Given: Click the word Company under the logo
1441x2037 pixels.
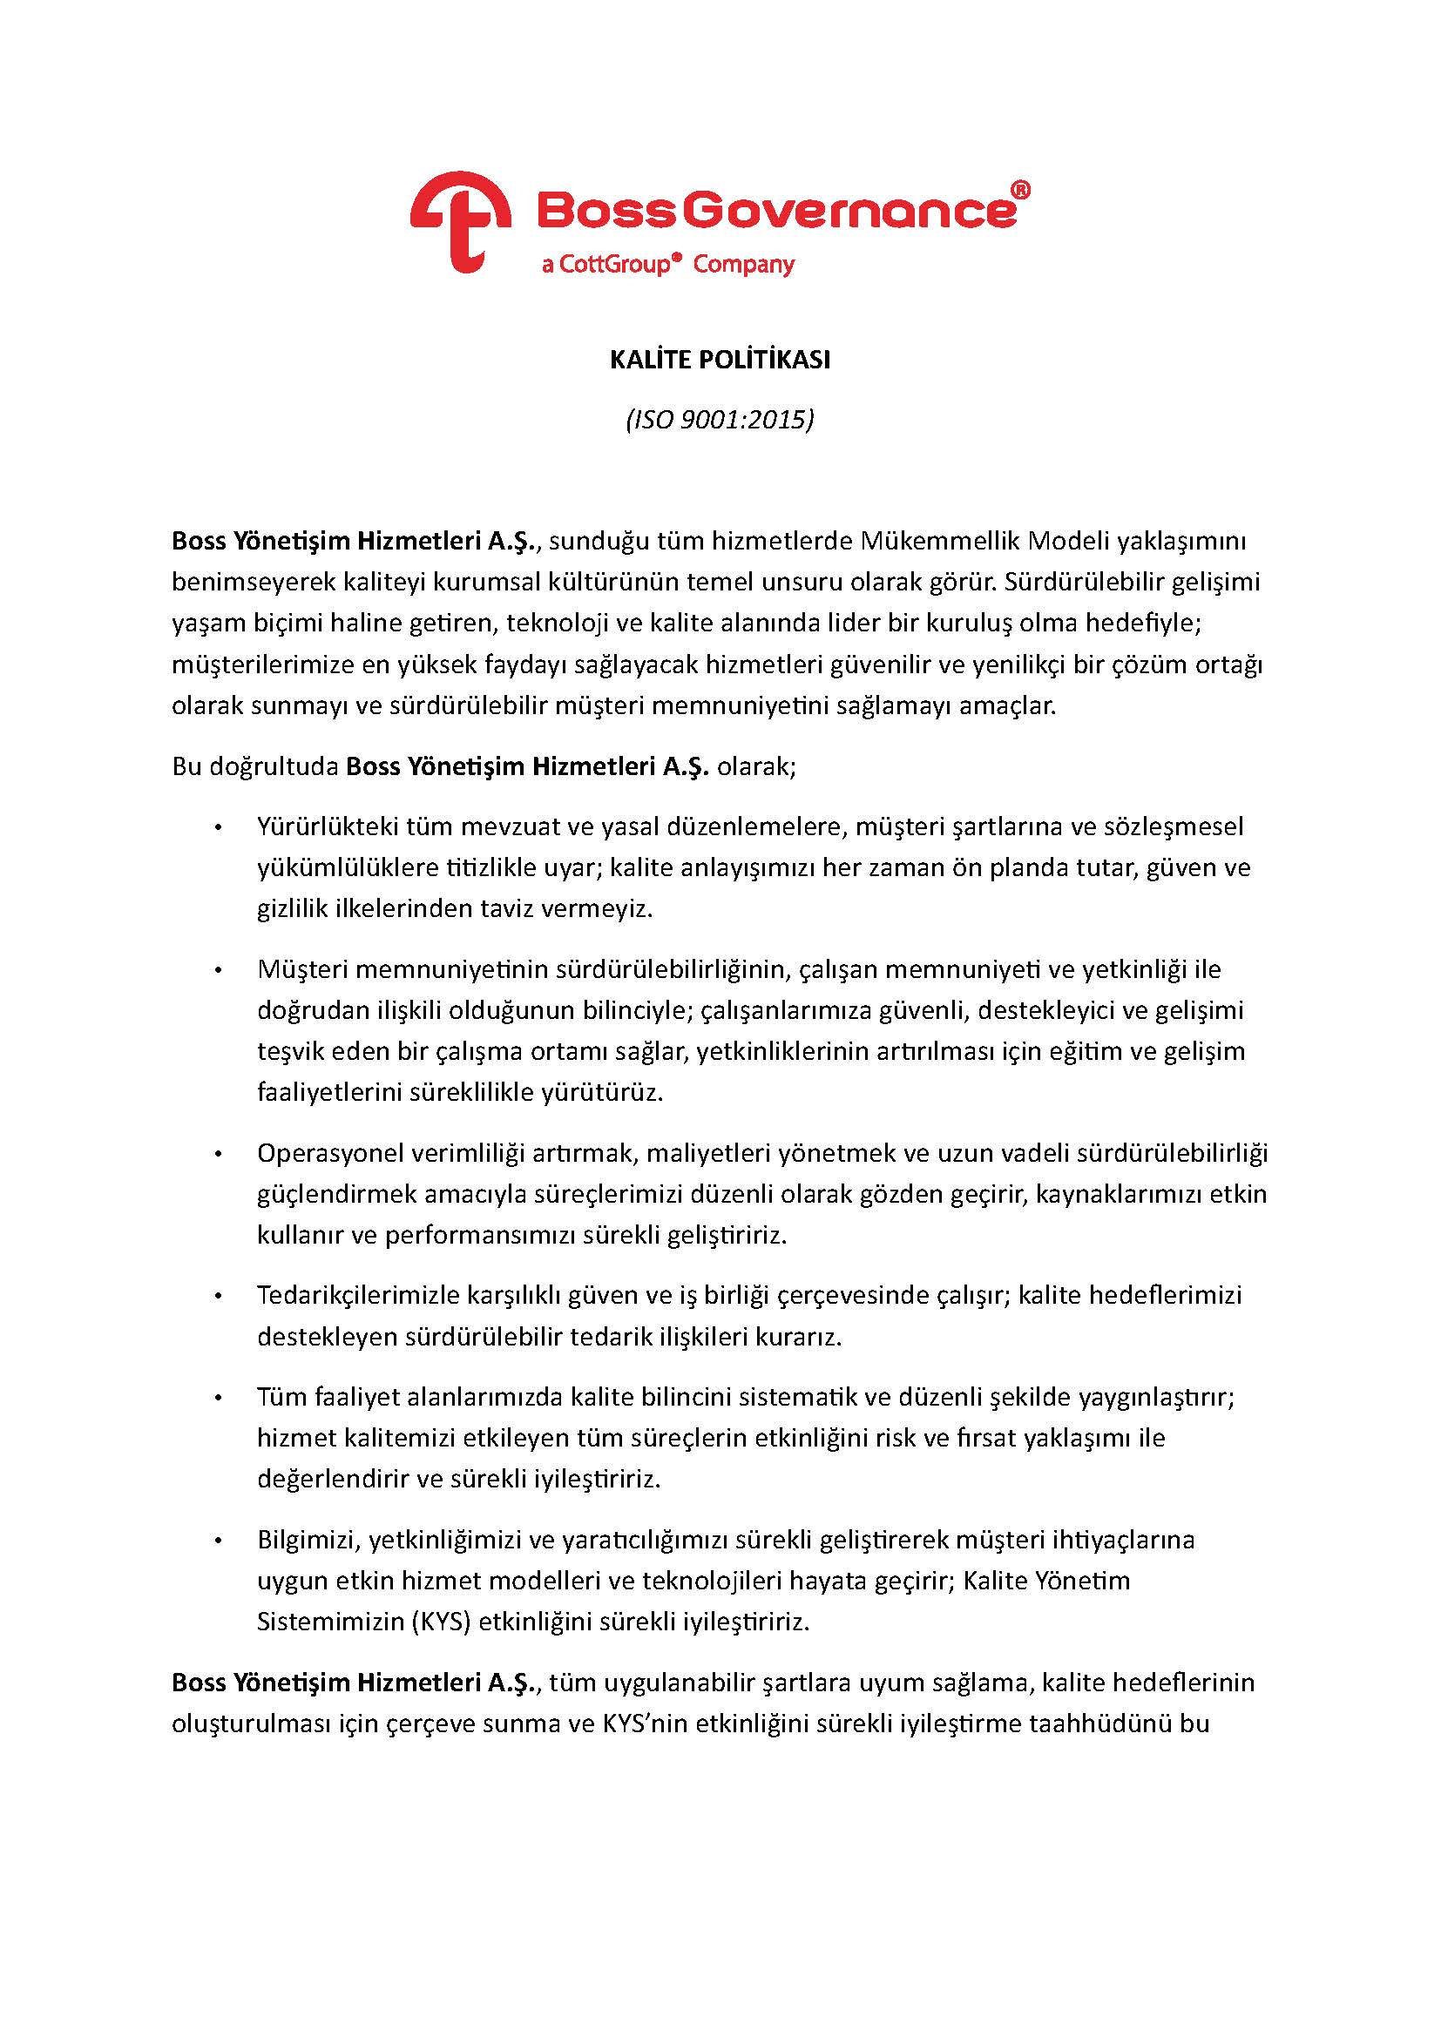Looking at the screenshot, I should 743,265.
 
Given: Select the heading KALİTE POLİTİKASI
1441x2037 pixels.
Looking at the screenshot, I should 720,361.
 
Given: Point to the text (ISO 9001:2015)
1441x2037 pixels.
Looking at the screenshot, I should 720,419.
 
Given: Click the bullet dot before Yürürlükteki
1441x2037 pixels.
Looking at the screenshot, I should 218,827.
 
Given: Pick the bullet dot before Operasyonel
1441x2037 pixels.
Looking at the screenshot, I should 218,1154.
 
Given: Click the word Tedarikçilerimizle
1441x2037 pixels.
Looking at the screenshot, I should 357,1295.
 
